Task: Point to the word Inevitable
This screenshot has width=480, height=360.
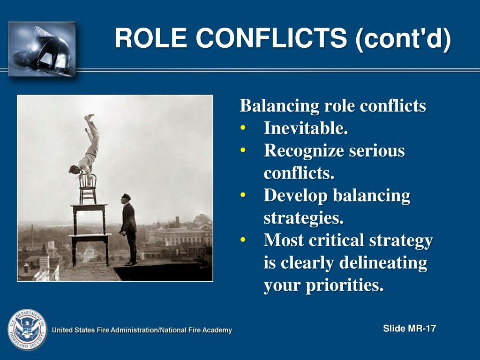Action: point(306,128)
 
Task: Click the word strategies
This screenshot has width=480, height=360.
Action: point(303,218)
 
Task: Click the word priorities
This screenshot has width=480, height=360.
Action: point(345,285)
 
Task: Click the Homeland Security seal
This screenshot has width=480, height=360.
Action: point(27,330)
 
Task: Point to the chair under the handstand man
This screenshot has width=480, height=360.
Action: point(88,188)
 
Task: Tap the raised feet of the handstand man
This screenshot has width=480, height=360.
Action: point(89,117)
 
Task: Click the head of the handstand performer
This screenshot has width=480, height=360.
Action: point(74,169)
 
